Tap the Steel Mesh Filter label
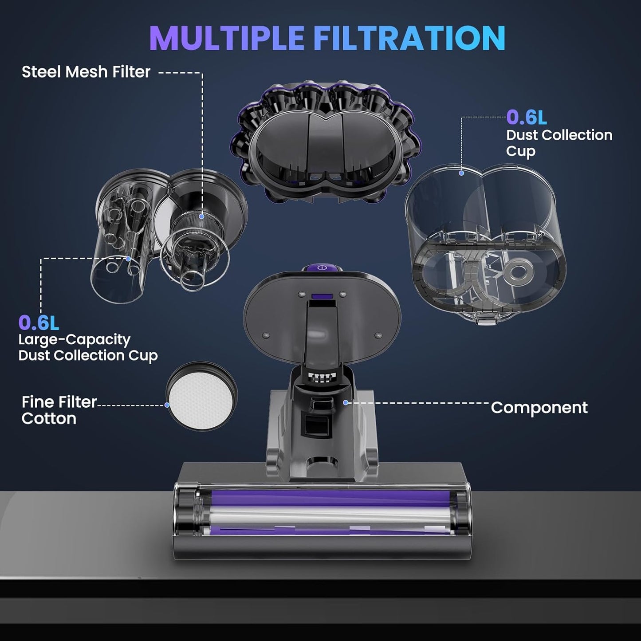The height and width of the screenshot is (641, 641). point(86,72)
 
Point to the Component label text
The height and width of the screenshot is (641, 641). point(539,408)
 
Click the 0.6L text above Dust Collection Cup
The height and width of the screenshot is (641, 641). point(527,118)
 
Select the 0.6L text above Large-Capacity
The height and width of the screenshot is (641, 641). point(39,323)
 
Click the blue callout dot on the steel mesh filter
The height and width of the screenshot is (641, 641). point(202,216)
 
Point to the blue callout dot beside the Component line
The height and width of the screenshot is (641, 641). point(346,402)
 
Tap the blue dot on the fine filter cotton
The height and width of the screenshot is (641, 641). point(167,405)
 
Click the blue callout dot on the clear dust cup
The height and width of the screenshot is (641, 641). point(461,173)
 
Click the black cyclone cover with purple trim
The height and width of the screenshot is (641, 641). point(326,142)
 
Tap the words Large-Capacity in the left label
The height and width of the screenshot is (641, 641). point(74,340)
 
